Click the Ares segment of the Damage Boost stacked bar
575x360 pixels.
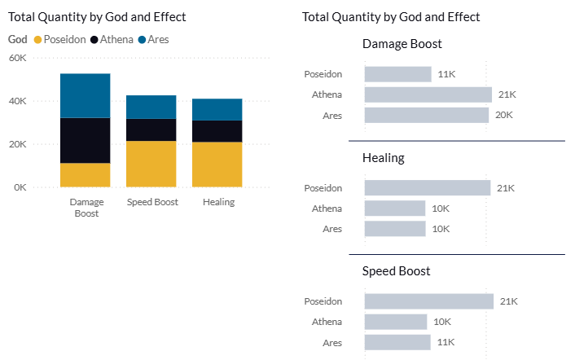point(85,95)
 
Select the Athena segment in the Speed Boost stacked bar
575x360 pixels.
point(151,130)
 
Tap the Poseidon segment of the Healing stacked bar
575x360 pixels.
point(217,165)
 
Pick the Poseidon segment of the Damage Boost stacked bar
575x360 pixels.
point(85,175)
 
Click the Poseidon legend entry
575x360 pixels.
point(59,40)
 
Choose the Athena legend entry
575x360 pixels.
point(112,40)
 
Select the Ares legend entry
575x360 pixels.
point(153,40)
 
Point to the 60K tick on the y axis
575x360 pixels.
point(18,58)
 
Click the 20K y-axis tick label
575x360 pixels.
point(18,144)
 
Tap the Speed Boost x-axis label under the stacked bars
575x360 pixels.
point(152,202)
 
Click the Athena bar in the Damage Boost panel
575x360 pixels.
point(428,94)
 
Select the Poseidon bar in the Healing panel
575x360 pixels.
point(428,187)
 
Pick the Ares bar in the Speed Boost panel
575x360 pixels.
point(397,342)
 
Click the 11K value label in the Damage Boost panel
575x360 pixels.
point(446,74)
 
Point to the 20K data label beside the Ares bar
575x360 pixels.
point(504,115)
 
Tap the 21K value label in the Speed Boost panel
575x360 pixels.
point(509,301)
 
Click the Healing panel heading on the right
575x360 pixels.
point(384,158)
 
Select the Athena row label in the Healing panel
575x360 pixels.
point(327,209)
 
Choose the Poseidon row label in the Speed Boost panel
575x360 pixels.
point(323,301)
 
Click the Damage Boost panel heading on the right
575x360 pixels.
point(402,44)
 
